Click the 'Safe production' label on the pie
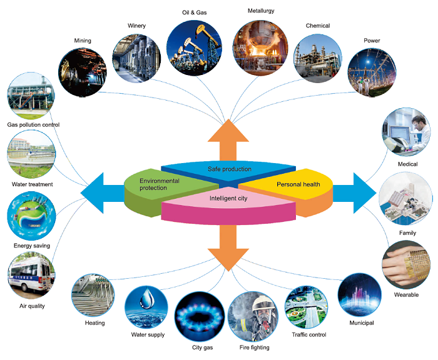click(x=229, y=169)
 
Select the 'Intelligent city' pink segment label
click(x=229, y=198)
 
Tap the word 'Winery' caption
click(x=136, y=26)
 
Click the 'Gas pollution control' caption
click(x=33, y=125)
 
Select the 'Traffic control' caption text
click(x=309, y=334)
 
